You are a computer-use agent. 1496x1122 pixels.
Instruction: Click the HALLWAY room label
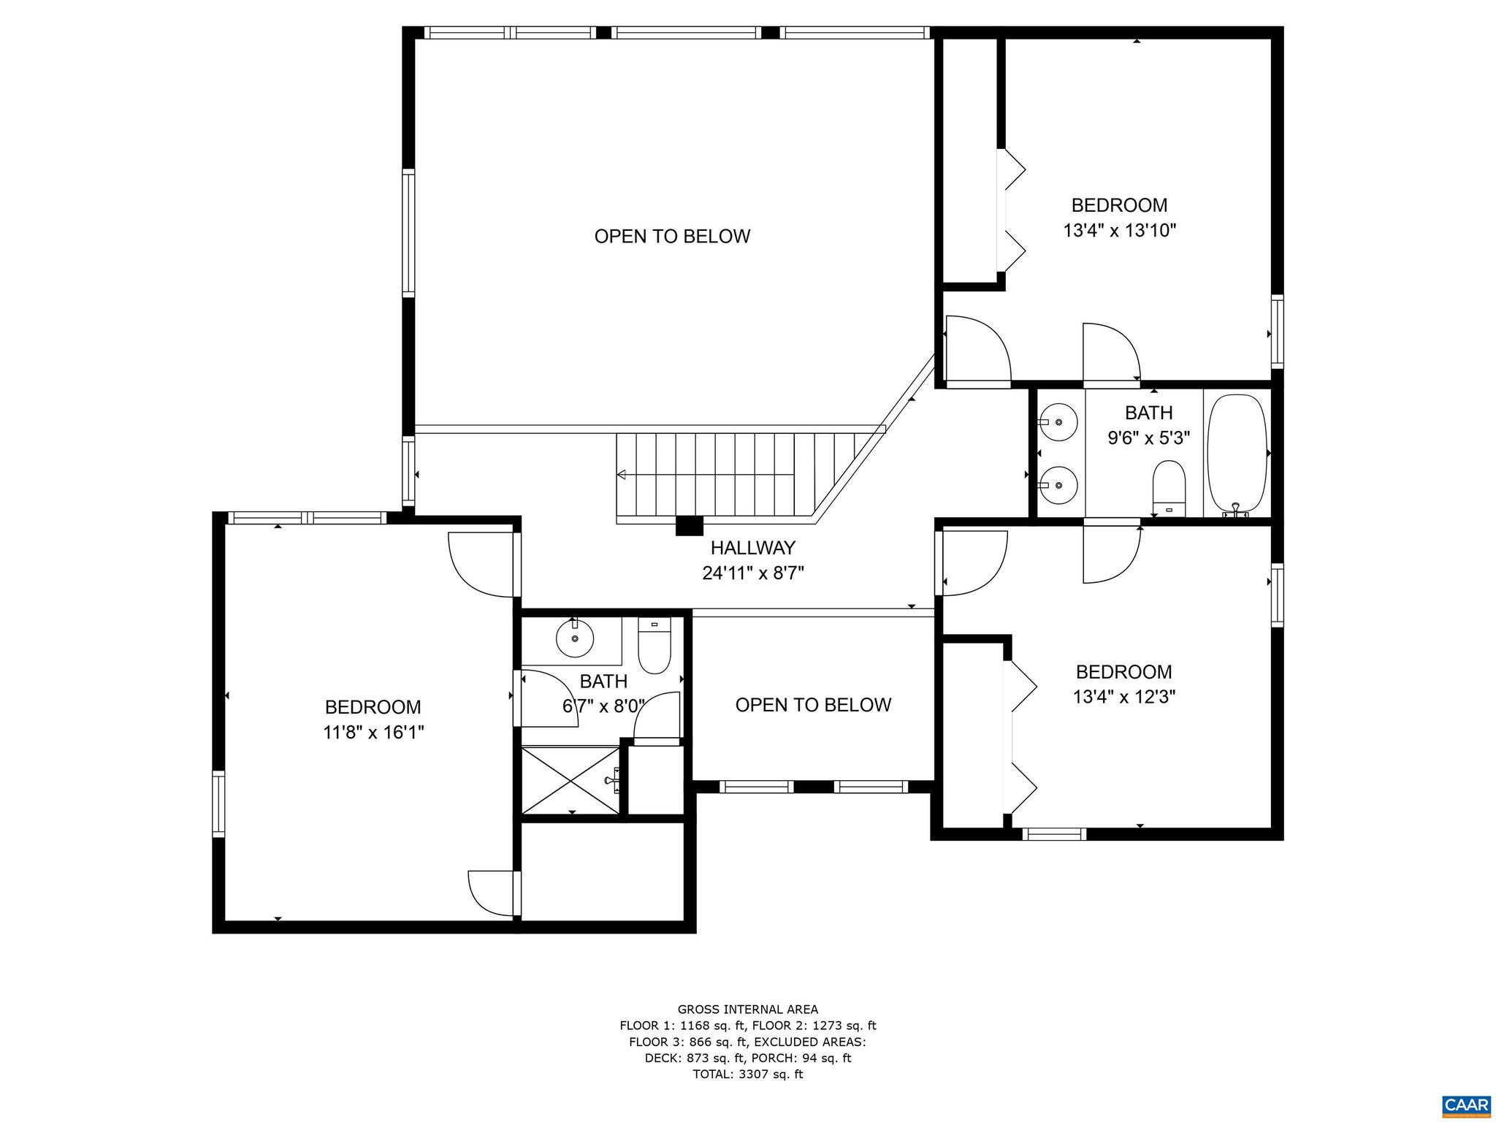(752, 547)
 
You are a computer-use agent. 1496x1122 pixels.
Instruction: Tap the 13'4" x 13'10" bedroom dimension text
(1119, 231)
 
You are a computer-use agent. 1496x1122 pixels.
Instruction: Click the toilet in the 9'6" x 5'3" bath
(1168, 488)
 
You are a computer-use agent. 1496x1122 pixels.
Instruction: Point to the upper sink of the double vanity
(1058, 421)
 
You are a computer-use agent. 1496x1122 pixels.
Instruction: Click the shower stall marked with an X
(570, 779)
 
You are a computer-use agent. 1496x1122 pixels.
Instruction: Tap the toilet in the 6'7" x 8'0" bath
(654, 646)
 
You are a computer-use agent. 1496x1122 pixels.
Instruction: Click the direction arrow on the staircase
(622, 475)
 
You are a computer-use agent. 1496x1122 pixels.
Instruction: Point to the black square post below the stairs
(689, 526)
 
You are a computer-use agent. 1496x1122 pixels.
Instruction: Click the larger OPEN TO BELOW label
(672, 236)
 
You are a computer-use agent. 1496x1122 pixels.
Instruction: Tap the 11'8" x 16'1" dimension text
(373, 732)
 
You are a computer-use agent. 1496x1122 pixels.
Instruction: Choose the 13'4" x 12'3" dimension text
(1123, 696)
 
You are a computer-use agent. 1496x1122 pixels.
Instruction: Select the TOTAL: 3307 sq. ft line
(747, 1074)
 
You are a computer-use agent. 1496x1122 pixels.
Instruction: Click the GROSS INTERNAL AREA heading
(747, 1010)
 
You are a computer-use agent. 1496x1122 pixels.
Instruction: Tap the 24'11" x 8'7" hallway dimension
(752, 573)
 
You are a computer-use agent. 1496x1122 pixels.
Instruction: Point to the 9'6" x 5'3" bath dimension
(1148, 438)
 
